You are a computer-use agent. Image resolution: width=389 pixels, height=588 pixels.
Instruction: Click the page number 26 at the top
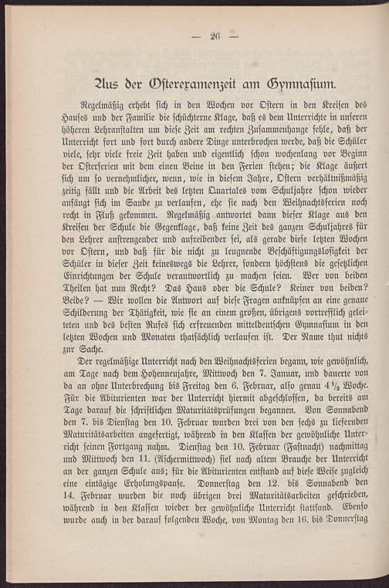[215, 35]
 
